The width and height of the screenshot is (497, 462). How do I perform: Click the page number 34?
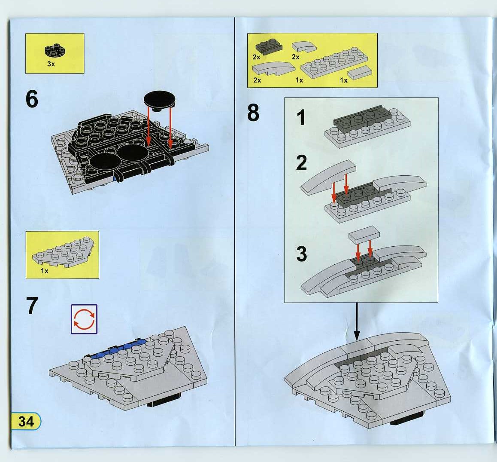pyautogui.click(x=26, y=421)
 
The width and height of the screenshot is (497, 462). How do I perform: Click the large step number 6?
pyautogui.click(x=32, y=99)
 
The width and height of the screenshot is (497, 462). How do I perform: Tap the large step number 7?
pyautogui.click(x=32, y=306)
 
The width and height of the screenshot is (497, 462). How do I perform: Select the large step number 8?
pyautogui.click(x=253, y=113)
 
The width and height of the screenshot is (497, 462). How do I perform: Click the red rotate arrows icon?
pyautogui.click(x=84, y=319)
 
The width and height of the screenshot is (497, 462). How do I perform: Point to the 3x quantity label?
pyautogui.click(x=51, y=64)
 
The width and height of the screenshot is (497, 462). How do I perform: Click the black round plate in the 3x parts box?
pyautogui.click(x=55, y=51)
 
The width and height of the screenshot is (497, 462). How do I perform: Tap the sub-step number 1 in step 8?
pyautogui.click(x=301, y=117)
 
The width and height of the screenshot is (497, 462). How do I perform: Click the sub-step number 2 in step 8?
pyautogui.click(x=301, y=162)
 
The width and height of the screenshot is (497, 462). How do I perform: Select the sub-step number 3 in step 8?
pyautogui.click(x=301, y=254)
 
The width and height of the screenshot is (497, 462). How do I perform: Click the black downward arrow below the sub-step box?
pyautogui.click(x=357, y=321)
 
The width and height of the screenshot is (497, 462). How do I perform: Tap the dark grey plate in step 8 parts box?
pyautogui.click(x=269, y=46)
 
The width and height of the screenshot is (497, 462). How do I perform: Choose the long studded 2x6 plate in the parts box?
pyautogui.click(x=334, y=62)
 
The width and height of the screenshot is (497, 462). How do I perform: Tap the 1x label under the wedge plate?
pyautogui.click(x=44, y=271)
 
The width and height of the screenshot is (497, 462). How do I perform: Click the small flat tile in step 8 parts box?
pyautogui.click(x=360, y=73)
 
